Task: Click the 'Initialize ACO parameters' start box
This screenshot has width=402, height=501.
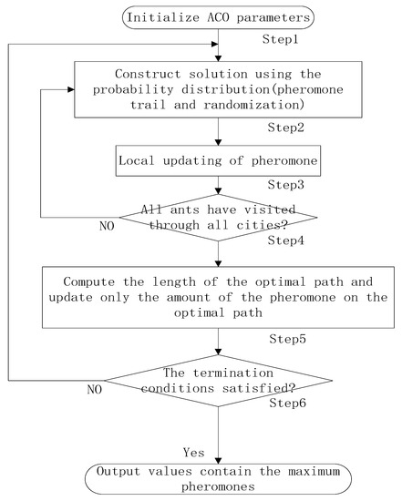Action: coord(222,15)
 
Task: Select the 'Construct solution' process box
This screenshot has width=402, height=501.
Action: coord(220,89)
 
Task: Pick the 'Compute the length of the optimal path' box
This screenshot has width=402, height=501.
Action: coord(219,296)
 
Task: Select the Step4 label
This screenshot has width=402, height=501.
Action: coord(285,241)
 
